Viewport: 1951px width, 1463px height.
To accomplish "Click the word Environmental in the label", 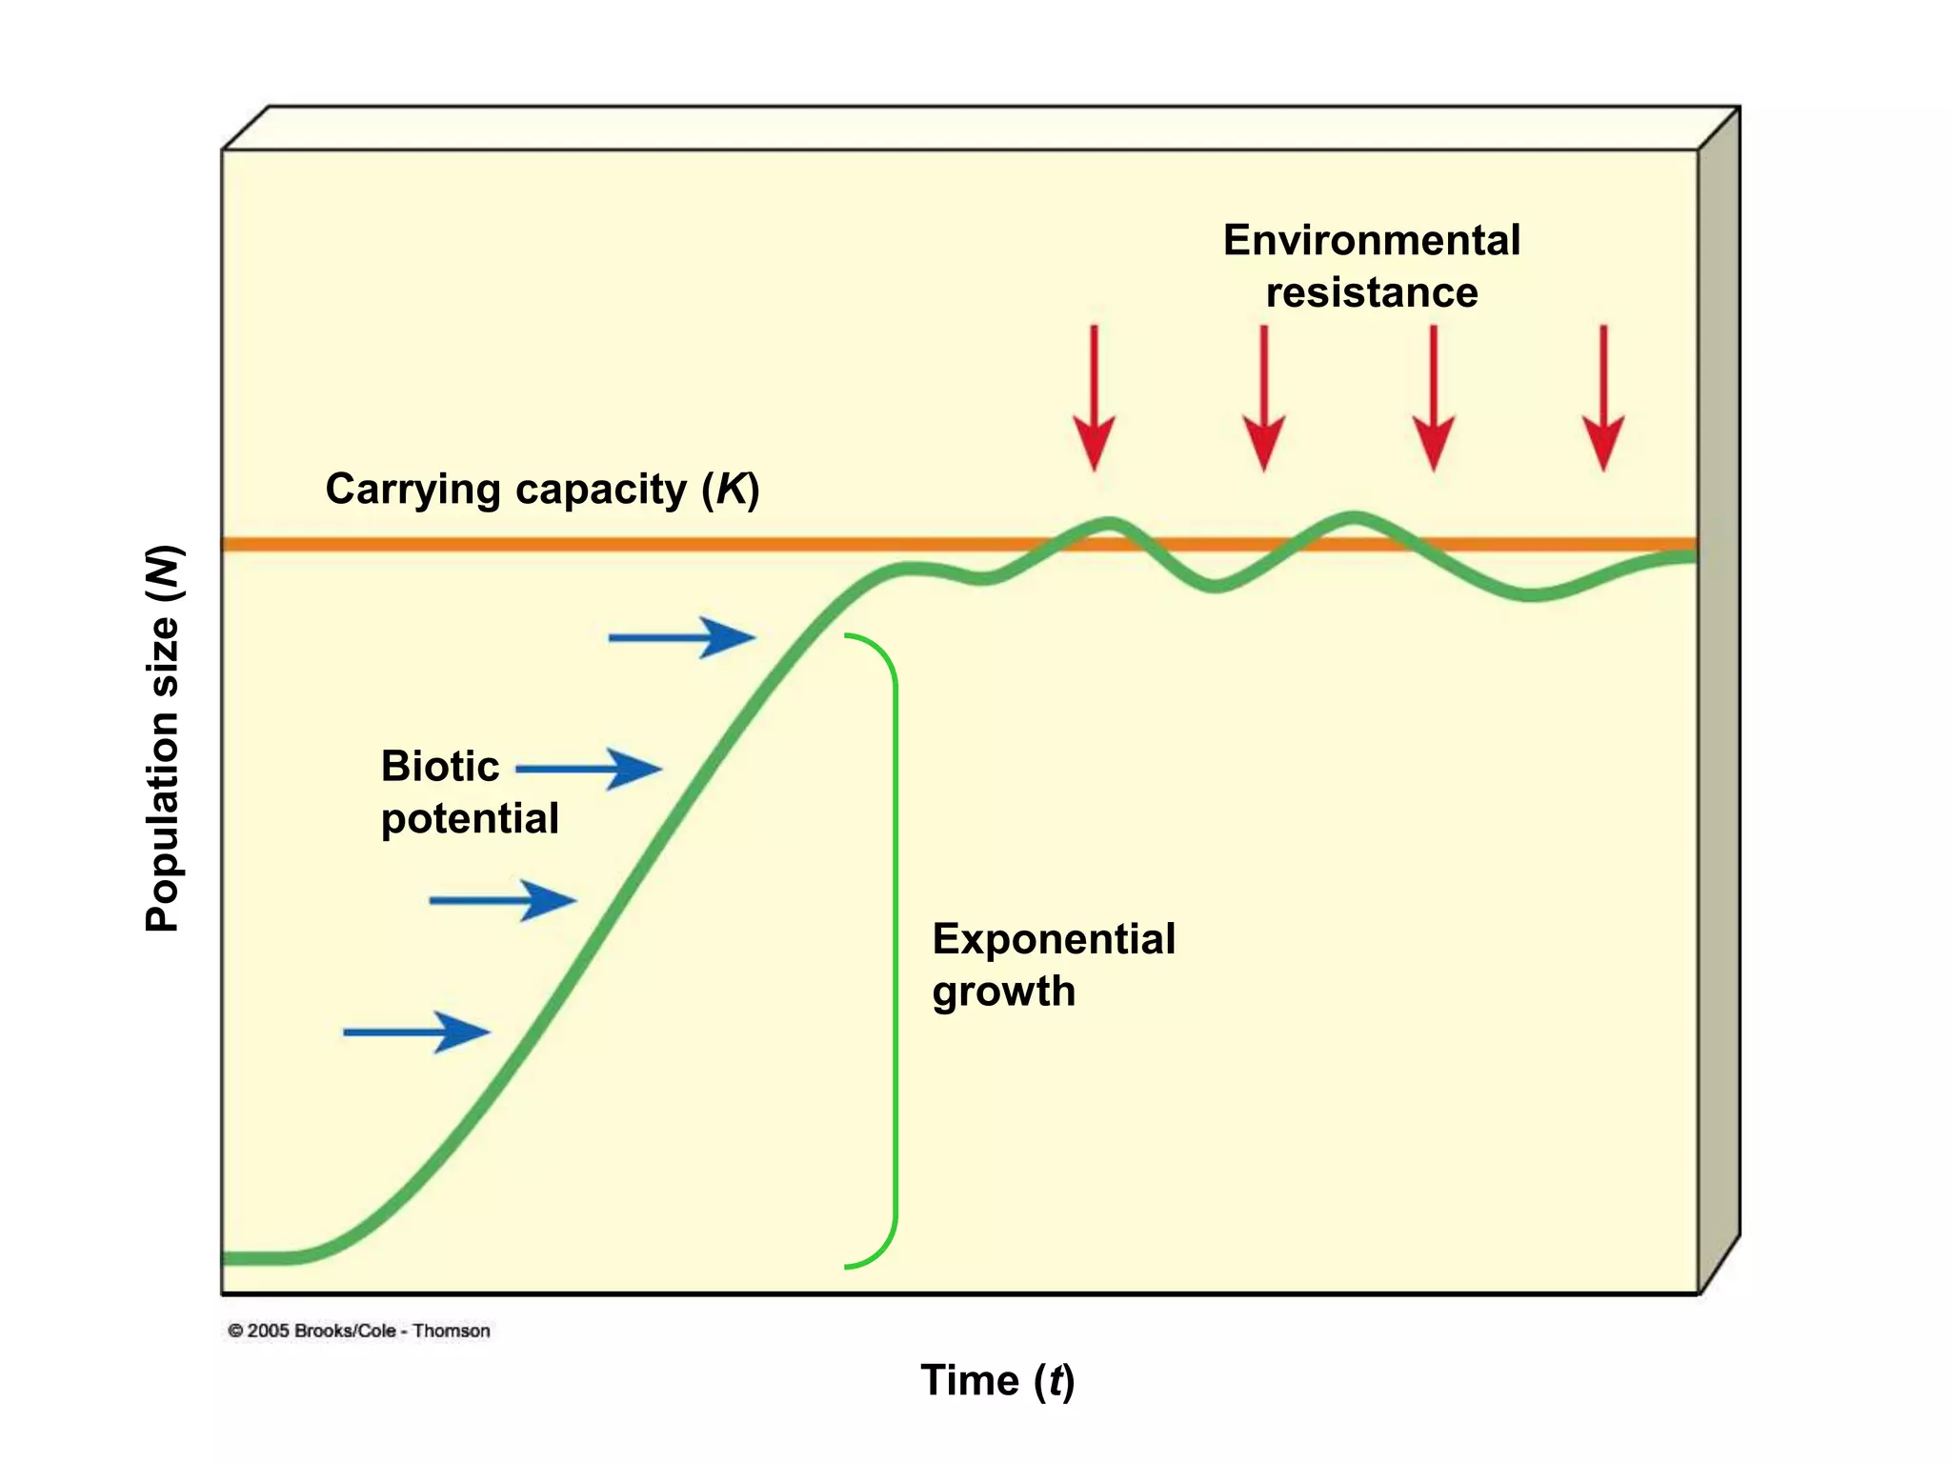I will (1371, 240).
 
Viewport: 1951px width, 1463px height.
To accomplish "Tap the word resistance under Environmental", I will (1371, 292).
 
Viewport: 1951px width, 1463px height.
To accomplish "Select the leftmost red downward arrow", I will (1094, 400).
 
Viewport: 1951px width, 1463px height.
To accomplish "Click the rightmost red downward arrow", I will (1603, 400).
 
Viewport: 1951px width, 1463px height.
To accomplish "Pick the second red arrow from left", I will (1264, 400).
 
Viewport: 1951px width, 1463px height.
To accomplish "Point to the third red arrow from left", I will (1433, 400).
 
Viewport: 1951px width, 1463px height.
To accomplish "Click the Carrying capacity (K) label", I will (541, 490).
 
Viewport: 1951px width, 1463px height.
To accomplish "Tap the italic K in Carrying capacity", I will (732, 490).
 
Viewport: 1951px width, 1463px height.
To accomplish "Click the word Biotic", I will (439, 767).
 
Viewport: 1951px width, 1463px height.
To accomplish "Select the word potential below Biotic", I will (470, 819).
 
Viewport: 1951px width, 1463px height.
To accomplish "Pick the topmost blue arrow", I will (682, 637).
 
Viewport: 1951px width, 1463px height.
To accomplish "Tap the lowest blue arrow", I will (417, 1032).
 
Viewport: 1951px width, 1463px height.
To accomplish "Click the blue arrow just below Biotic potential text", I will (503, 900).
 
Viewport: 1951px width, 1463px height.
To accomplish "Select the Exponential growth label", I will (1053, 964).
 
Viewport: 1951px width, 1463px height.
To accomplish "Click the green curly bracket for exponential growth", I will (894, 951).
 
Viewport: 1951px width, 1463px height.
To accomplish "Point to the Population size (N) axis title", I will (163, 738).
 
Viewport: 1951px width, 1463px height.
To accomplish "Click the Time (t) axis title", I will (996, 1380).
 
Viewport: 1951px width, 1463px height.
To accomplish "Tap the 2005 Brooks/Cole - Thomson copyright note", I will (359, 1331).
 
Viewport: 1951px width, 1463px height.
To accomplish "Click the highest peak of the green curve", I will (1354, 517).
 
